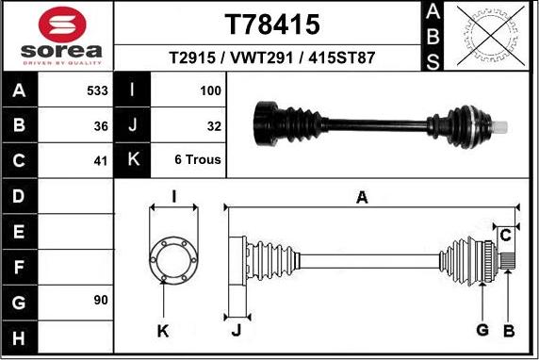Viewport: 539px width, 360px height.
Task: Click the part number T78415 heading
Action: pos(272,23)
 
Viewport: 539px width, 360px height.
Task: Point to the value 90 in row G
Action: pos(101,300)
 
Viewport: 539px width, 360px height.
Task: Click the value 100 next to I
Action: pos(210,91)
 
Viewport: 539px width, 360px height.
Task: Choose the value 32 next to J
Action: pos(213,125)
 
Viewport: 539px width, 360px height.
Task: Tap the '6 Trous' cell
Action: pos(198,160)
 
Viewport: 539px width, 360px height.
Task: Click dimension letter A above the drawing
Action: pos(362,196)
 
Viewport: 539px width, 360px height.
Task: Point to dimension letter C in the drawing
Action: pos(506,234)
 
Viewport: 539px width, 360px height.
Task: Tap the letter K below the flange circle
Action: pos(163,330)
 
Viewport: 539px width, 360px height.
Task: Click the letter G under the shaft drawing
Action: pos(482,329)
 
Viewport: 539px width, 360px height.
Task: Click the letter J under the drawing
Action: pos(236,330)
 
